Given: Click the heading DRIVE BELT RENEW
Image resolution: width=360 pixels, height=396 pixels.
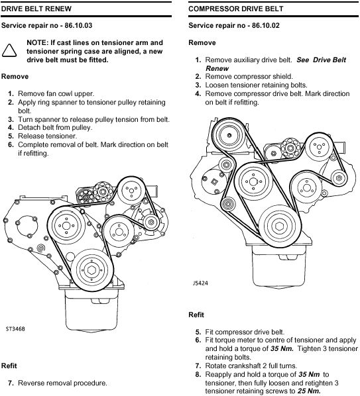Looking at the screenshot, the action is tap(36, 9).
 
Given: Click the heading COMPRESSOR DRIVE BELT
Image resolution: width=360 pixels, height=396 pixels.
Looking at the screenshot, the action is tap(235, 9).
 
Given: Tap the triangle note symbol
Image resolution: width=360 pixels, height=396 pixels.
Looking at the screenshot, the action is tap(9, 50).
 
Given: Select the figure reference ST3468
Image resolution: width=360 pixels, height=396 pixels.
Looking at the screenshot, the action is tap(15, 329).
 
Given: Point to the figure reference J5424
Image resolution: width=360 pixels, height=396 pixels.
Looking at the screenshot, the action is tap(200, 283).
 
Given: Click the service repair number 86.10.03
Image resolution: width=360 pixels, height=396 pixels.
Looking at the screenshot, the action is tap(78, 26).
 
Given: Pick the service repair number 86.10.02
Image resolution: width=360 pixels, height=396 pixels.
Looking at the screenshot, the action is tap(266, 26).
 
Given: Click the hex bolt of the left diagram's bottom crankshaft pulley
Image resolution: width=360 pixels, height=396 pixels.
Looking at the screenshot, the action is tap(91, 270).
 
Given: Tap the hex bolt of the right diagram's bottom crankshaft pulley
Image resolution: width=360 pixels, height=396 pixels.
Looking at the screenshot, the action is tap(279, 226).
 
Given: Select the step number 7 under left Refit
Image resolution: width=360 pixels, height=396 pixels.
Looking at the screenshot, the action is tap(11, 383).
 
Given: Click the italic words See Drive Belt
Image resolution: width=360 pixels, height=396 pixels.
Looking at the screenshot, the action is tap(322, 60).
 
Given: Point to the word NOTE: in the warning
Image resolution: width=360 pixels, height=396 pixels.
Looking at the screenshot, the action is tap(37, 42).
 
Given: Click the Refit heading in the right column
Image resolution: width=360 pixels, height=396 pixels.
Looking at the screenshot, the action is tap(196, 315).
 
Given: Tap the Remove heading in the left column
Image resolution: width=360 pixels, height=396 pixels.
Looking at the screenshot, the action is tap(15, 77).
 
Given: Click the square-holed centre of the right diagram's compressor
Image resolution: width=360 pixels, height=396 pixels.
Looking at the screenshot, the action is tap(215, 181).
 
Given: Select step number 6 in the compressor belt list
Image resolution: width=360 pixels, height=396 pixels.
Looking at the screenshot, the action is tap(198, 340).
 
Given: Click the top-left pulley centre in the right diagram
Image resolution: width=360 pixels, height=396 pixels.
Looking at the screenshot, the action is tap(229, 135).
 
